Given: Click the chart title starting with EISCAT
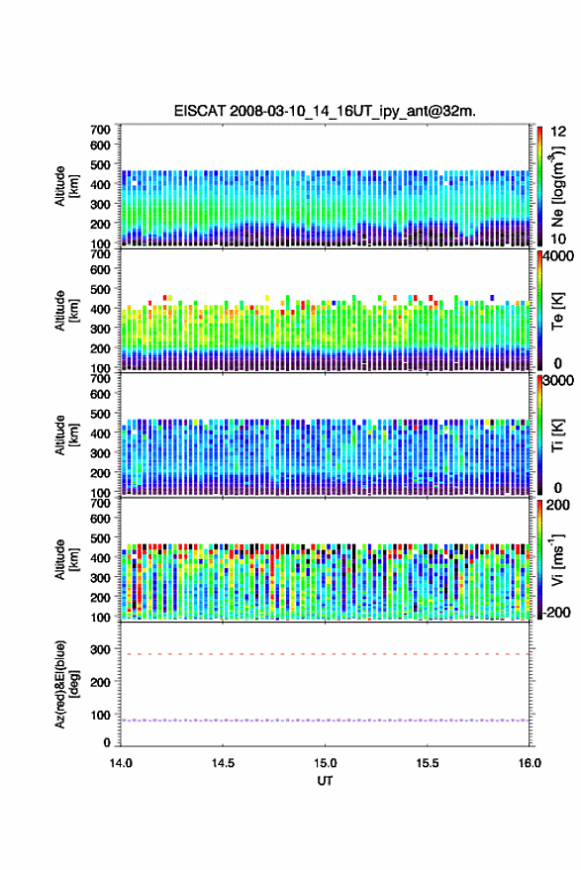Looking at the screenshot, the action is tap(325, 111).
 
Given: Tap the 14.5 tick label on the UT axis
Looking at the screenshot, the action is tap(223, 763).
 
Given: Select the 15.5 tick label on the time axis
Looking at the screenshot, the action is tap(427, 763).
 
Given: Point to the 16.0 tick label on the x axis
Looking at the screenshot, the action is tap(530, 763).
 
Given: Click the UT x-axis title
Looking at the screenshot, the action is tap(325, 781).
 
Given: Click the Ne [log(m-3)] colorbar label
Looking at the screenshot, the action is tap(557, 186).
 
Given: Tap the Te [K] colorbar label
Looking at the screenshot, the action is tap(557, 311).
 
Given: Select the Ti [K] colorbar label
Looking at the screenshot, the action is tap(557, 435).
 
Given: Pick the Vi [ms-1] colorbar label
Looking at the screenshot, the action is tap(557, 559).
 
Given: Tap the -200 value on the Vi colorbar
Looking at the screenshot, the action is tap(556, 612).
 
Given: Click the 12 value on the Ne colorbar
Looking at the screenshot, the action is tap(558, 132).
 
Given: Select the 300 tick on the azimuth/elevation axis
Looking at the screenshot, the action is tap(100, 649).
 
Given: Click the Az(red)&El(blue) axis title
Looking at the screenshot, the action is tap(66, 685).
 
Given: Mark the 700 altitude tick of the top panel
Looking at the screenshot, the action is tap(100, 130).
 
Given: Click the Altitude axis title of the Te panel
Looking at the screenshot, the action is tap(66, 311).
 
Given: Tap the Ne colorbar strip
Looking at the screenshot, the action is tap(540, 186).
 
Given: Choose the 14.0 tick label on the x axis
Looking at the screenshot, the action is tap(121, 763).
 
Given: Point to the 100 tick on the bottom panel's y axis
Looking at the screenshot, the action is tap(100, 715).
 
